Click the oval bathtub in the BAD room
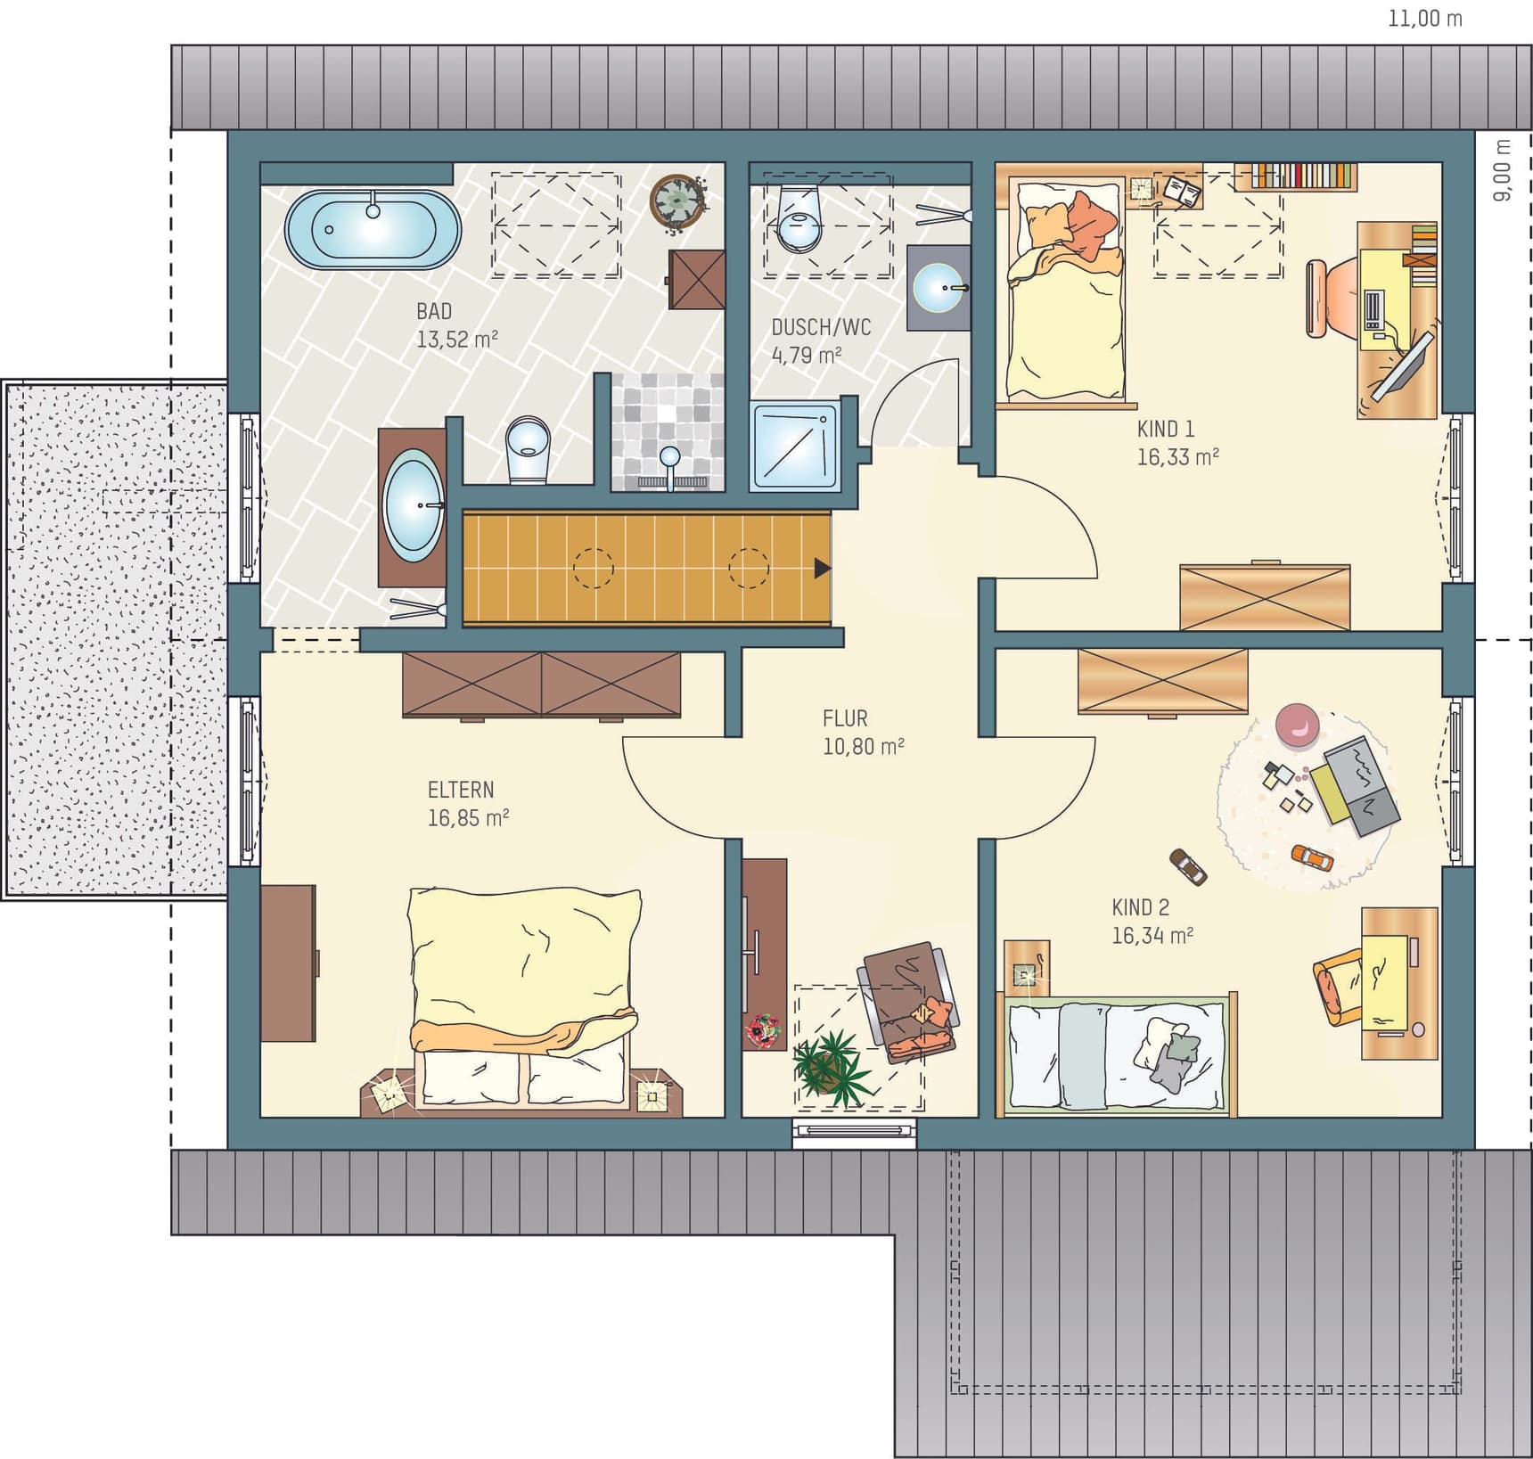pos(373,230)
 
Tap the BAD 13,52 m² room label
pos(456,325)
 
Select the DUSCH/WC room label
pos(821,327)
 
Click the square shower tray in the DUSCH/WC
pos(795,447)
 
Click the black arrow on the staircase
pos(823,568)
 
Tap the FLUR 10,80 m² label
pos(863,733)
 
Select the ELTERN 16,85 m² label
pos(468,803)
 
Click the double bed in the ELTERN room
pos(524,1000)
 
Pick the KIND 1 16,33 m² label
pos(1177,443)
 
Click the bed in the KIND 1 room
pos(1065,290)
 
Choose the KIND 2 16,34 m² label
pos(1152,921)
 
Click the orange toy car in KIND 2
pos(1312,857)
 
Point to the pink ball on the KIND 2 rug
pos(1297,723)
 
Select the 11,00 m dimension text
pos(1425,18)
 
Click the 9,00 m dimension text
pos(1503,169)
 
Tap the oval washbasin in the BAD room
pos(413,506)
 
